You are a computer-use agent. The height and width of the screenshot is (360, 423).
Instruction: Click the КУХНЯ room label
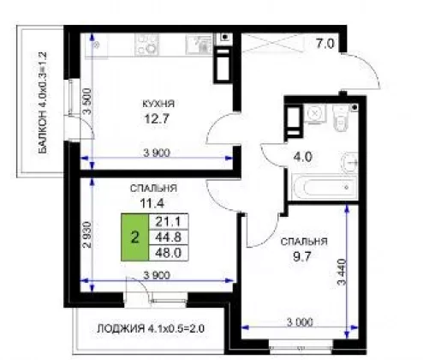(x=158, y=104)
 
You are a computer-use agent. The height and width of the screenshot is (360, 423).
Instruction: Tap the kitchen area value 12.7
(x=157, y=118)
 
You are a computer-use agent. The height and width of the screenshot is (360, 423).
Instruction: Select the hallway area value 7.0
(x=325, y=44)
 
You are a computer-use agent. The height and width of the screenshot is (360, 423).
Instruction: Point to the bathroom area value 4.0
(x=303, y=157)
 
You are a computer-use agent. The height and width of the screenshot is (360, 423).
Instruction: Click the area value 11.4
(x=152, y=203)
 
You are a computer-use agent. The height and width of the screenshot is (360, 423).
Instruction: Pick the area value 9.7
(x=302, y=256)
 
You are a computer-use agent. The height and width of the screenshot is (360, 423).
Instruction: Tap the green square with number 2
(x=134, y=237)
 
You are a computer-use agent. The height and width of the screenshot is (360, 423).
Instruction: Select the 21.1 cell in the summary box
(x=169, y=221)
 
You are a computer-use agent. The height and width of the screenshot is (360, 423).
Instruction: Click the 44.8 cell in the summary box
(x=169, y=237)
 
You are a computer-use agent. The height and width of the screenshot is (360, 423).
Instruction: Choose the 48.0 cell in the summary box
(x=169, y=253)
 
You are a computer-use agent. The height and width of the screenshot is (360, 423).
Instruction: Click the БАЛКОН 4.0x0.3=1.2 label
(x=43, y=103)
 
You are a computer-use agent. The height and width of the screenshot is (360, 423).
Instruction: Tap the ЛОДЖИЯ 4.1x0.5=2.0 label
(x=151, y=328)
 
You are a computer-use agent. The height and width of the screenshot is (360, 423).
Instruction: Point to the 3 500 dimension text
(x=87, y=102)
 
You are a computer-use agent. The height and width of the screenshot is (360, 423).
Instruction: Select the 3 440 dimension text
(x=342, y=272)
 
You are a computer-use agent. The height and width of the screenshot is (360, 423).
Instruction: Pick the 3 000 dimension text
(x=300, y=322)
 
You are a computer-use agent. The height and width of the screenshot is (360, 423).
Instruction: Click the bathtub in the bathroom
(x=325, y=188)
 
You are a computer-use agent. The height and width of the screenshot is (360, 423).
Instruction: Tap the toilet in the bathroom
(x=341, y=117)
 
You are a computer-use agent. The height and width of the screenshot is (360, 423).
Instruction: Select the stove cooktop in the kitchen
(x=146, y=45)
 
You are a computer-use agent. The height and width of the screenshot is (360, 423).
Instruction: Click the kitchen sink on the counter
(x=200, y=45)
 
